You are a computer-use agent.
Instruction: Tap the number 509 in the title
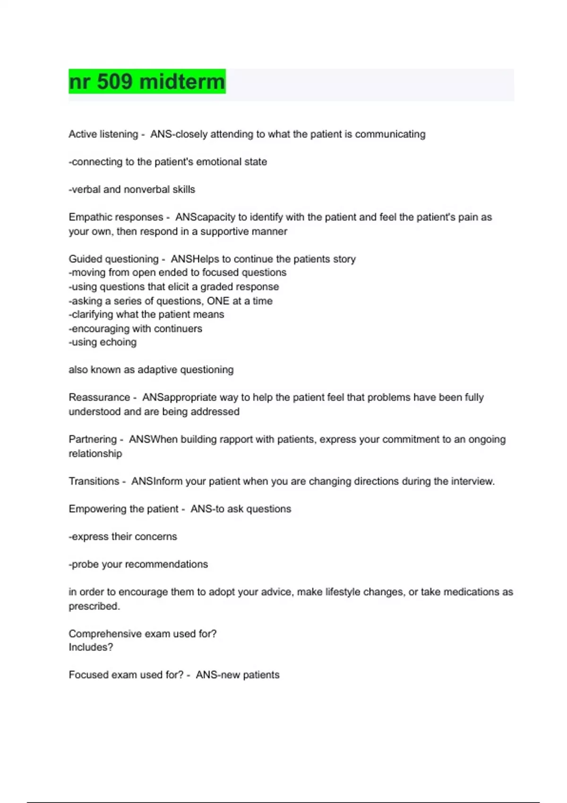tap(114, 82)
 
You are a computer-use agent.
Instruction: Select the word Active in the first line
tap(83, 134)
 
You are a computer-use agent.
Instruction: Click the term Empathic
tap(89, 217)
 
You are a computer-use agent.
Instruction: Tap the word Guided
tap(85, 259)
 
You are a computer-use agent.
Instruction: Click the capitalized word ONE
tap(218, 301)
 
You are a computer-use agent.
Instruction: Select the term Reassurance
tap(99, 397)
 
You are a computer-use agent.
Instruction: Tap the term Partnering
tap(92, 439)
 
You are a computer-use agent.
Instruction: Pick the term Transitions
tap(94, 481)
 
